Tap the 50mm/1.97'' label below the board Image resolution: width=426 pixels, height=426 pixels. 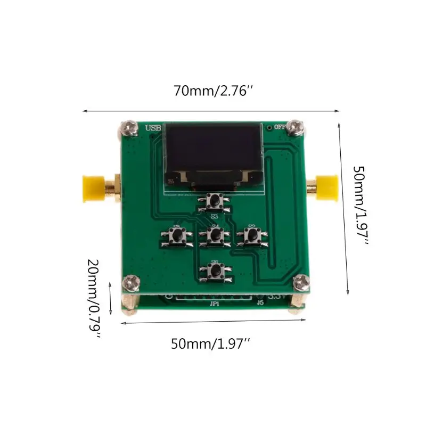pos(210,344)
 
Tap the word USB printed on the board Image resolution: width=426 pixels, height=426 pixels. pos(153,128)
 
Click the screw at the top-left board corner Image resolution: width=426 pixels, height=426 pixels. pos(127,127)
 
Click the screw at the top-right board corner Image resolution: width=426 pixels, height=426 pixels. pos(294,128)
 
